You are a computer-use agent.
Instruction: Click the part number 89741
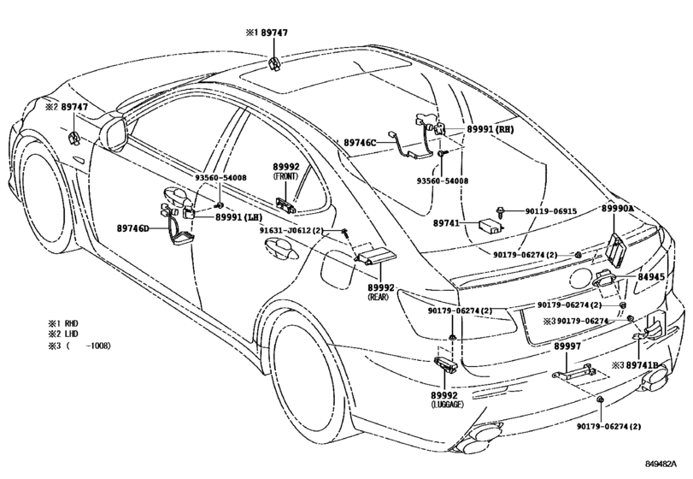click(x=447, y=222)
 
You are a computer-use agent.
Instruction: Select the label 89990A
click(x=618, y=208)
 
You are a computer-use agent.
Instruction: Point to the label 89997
click(x=567, y=346)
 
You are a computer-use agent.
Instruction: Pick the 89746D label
click(x=132, y=228)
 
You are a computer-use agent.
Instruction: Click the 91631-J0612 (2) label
click(x=293, y=232)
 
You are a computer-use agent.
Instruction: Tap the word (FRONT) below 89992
click(x=285, y=175)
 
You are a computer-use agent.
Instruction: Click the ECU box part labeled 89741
click(x=490, y=225)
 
